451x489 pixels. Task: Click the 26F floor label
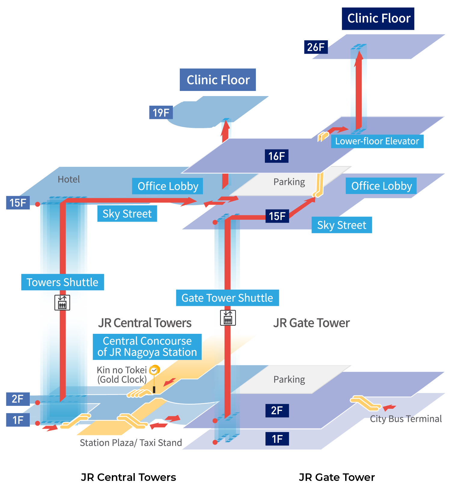[x=316, y=47]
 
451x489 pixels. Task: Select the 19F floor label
[x=161, y=113]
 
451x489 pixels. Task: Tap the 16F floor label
[x=276, y=156]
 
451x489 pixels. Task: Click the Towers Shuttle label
[x=63, y=282]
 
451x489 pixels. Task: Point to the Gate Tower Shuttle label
[x=227, y=298]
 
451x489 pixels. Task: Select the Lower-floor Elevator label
[x=377, y=141]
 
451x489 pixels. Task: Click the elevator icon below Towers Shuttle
[x=62, y=303]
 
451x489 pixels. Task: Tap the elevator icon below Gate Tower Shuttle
[x=228, y=318]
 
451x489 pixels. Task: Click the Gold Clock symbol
[x=154, y=370]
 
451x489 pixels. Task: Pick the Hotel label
[x=69, y=179]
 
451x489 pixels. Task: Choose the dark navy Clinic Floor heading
[x=378, y=19]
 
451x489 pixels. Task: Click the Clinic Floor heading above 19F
[x=218, y=80]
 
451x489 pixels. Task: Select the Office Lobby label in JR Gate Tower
[x=381, y=186]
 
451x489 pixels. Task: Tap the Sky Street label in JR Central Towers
[x=127, y=214]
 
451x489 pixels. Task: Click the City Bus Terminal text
[x=406, y=419]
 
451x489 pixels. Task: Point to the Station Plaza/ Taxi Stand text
[x=131, y=442]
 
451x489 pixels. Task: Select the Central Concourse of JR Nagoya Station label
[x=147, y=347]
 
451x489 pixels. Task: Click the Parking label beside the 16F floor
[x=289, y=182]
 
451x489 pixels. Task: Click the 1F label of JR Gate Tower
[x=277, y=439]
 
